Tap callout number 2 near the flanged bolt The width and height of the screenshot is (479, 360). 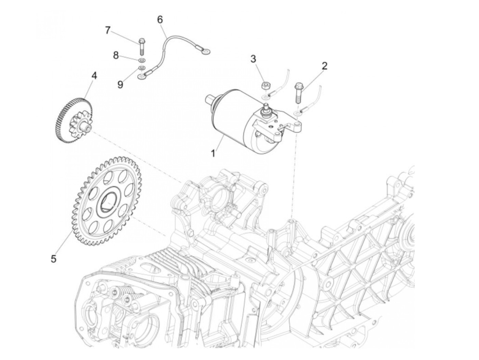pos(324,66)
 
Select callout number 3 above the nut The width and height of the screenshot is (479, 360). pos(253,59)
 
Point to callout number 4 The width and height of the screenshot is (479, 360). pos(94,75)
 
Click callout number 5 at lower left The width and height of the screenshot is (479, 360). pos(53,259)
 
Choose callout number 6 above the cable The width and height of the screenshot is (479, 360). pos(160,20)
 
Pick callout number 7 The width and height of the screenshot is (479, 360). pos(108,30)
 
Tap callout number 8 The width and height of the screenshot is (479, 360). pos(116,55)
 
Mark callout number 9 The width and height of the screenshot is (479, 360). pos(120,84)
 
